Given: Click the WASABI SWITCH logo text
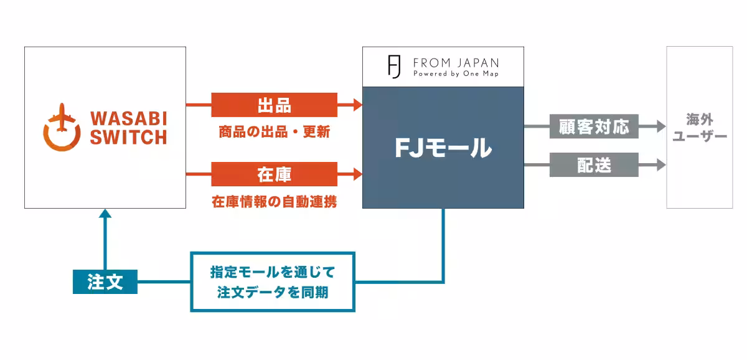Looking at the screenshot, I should pyautogui.click(x=128, y=128).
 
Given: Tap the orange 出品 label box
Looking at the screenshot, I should pyautogui.click(x=274, y=105).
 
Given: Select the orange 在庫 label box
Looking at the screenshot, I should pyautogui.click(x=274, y=174).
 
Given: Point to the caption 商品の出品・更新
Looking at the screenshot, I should pyautogui.click(x=274, y=132).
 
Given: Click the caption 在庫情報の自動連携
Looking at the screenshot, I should pyautogui.click(x=274, y=202).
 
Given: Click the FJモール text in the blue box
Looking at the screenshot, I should pyautogui.click(x=443, y=148).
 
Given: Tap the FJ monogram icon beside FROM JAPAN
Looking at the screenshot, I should pyautogui.click(x=394, y=67).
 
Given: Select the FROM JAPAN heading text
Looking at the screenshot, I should pyautogui.click(x=456, y=63).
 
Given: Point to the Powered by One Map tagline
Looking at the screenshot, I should pyautogui.click(x=456, y=73).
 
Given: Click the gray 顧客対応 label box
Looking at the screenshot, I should pyautogui.click(x=594, y=127).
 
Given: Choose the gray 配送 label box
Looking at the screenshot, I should pyautogui.click(x=594, y=165).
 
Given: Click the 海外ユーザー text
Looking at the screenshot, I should pyautogui.click(x=700, y=128).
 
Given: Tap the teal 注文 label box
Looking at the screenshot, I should pyautogui.click(x=105, y=282).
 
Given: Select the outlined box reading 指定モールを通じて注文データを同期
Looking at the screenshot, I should pyautogui.click(x=273, y=282).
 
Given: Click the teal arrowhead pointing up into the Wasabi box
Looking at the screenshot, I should pyautogui.click(x=105, y=214).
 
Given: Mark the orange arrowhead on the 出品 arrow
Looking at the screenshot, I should pyautogui.click(x=357, y=105).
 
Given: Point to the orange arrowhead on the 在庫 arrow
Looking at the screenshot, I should pyautogui.click(x=357, y=174).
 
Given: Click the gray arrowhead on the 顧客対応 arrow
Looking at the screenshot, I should pyautogui.click(x=661, y=127).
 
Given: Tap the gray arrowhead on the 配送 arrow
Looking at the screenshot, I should pyautogui.click(x=661, y=165).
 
